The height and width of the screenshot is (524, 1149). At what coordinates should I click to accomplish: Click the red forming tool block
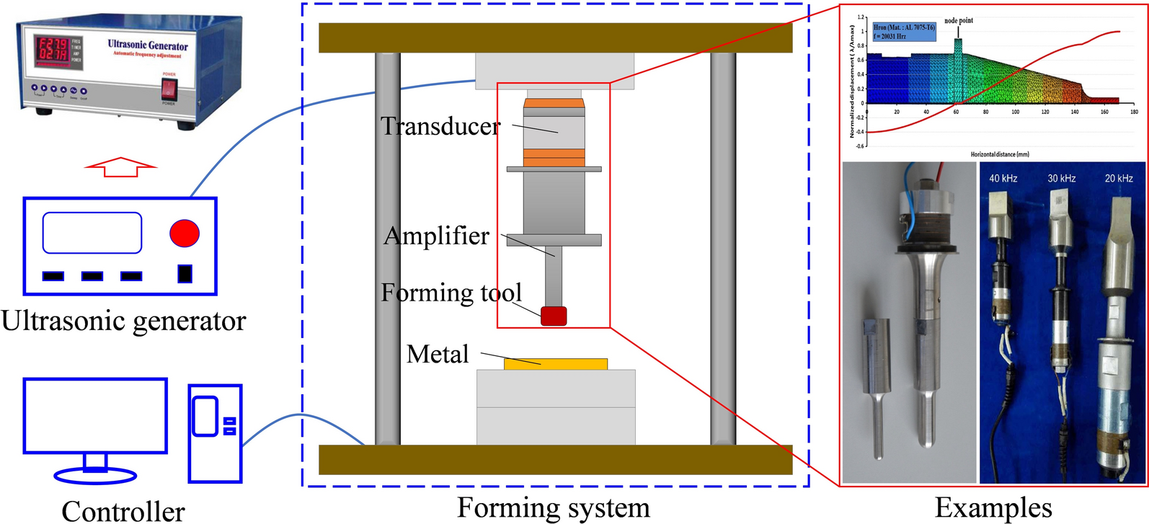click(554, 316)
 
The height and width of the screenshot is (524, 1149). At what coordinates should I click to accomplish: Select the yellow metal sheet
click(555, 364)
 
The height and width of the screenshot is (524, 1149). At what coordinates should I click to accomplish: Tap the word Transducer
click(440, 126)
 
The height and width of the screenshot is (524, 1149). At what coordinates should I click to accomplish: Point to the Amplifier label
click(436, 236)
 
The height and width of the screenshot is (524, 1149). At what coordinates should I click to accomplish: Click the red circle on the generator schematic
click(185, 233)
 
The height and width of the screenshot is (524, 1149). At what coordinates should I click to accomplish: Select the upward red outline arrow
click(120, 166)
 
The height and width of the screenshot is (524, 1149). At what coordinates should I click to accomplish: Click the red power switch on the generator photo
click(168, 89)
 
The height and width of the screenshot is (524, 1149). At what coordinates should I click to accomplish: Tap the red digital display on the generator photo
click(52, 49)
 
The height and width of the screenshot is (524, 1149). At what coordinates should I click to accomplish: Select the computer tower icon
click(215, 433)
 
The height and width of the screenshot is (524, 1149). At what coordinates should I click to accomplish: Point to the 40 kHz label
click(1003, 178)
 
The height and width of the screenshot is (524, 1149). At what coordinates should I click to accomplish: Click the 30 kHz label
click(1062, 178)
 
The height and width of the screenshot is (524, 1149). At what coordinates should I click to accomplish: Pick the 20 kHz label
click(1119, 178)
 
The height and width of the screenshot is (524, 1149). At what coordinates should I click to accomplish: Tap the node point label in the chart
click(959, 21)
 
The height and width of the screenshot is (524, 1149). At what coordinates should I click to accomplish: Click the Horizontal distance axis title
click(1000, 154)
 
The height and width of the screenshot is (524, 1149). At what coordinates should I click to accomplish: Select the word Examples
click(993, 507)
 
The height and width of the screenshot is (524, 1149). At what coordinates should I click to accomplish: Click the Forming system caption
click(554, 507)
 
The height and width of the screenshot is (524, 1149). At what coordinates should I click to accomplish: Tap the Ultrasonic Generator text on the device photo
click(148, 45)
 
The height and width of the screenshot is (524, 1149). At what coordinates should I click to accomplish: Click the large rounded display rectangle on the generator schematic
click(92, 233)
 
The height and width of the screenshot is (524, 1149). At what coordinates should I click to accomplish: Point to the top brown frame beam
click(555, 37)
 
